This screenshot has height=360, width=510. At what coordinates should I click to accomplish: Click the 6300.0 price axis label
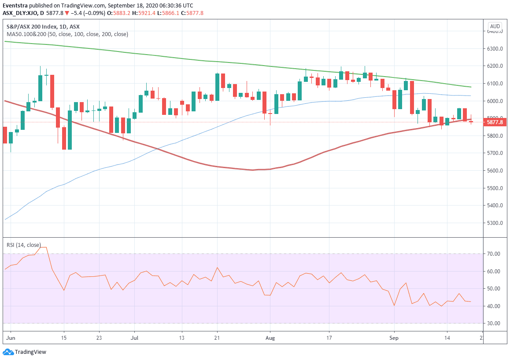[x=495, y=48]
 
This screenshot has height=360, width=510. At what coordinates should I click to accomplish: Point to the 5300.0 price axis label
[x=495, y=223]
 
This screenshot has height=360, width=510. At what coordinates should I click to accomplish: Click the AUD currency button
[x=495, y=26]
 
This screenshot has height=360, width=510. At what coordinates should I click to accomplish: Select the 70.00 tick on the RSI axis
[x=493, y=254]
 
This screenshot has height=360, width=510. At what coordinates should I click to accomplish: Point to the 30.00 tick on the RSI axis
[x=493, y=323]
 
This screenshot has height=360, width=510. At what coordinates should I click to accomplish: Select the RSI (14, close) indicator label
[x=23, y=245]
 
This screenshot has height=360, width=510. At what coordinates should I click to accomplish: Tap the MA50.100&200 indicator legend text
[x=67, y=34]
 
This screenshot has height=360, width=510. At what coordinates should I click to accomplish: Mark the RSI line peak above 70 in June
[x=43, y=247]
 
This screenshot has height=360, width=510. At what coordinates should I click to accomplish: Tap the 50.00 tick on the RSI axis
[x=493, y=289]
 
